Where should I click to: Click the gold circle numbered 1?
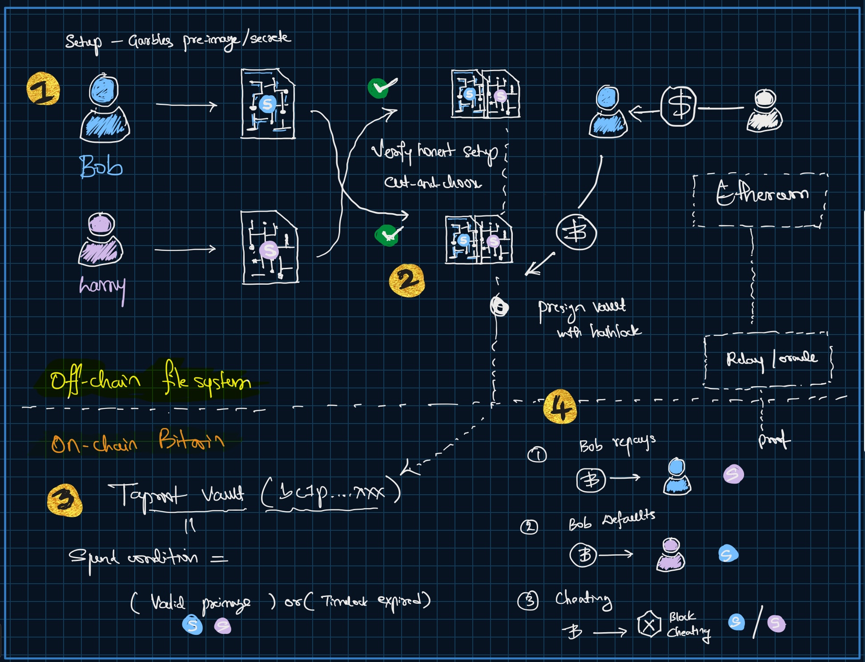pos(43,89)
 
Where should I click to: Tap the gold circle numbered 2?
pos(406,281)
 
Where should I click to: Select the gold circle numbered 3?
pos(64,500)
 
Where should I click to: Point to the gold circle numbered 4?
pos(560,407)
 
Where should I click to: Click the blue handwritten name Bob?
pos(101,166)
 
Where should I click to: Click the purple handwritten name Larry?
pos(102,286)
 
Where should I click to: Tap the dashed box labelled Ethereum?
pos(760,200)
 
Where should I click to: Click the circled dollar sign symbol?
pos(678,106)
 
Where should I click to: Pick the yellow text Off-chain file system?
pos(150,379)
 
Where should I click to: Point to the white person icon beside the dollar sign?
pos(764,111)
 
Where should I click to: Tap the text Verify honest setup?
pos(434,152)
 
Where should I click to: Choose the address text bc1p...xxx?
pos(331,492)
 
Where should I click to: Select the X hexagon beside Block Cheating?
pos(649,625)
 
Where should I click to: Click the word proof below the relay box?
pos(774,440)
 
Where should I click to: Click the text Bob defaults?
pos(612,520)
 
